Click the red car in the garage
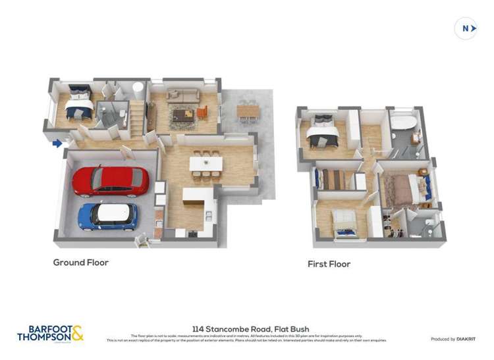point(110,181)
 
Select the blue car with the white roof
point(107,216)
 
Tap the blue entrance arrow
point(58,143)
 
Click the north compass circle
point(466,28)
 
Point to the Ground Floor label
point(80,263)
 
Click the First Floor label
point(329,264)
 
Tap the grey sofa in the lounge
point(182,95)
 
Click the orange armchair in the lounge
point(202,113)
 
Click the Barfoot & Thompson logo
point(50,333)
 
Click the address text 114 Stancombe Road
point(250,329)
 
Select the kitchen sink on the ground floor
point(209,215)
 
